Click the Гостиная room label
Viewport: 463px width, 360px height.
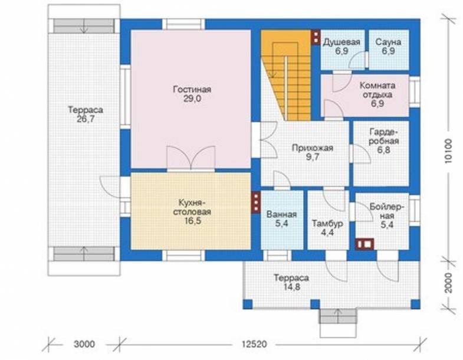point(192,89)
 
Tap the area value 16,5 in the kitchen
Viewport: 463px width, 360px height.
point(192,221)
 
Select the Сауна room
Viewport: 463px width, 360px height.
point(389,50)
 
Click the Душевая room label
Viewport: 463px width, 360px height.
point(341,42)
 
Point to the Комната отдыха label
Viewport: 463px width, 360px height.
point(377,90)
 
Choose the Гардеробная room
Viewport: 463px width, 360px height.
point(381,153)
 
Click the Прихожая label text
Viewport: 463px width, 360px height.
point(313,148)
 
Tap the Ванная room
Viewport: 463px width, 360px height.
point(282,220)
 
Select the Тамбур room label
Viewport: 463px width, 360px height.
point(327,224)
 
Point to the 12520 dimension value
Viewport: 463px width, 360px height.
point(254,344)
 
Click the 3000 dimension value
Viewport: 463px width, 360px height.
point(84,344)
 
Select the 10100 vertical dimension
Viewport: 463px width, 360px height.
point(448,150)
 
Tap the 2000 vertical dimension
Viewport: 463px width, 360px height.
point(448,283)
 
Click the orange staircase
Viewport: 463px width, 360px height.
point(286,75)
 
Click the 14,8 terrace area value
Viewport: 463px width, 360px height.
point(291,287)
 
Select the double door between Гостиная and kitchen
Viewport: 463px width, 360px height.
point(191,158)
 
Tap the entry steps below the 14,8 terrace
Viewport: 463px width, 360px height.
point(338,316)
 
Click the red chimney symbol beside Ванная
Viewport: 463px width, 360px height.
point(256,202)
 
